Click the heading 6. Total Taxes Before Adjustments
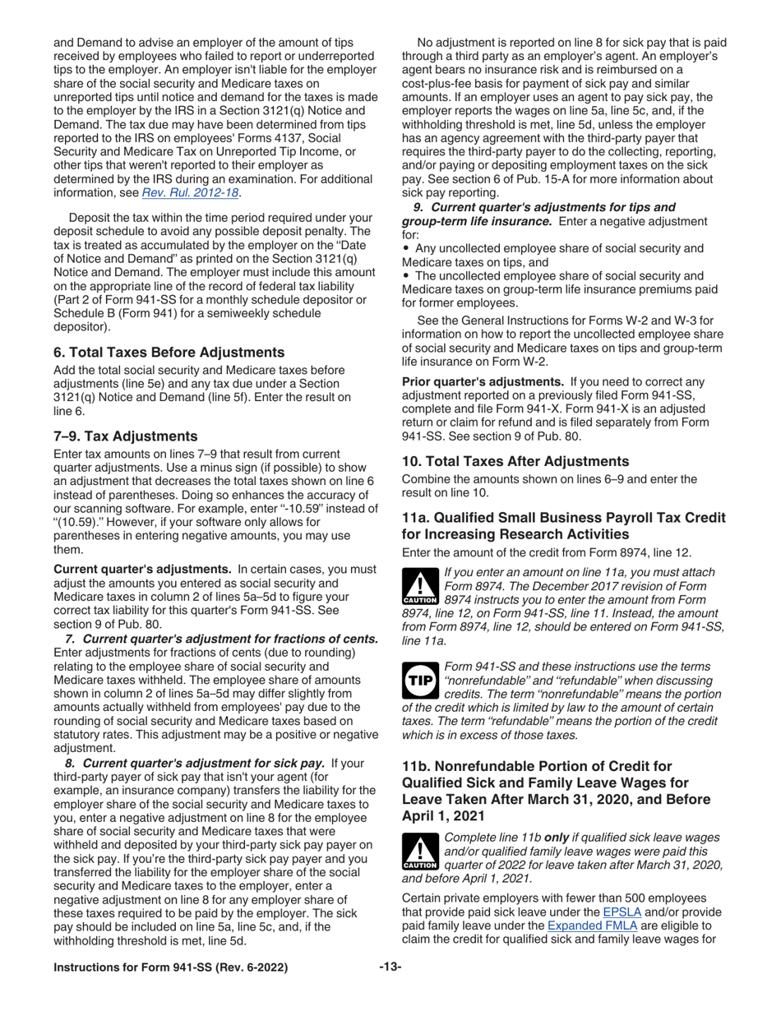[x=169, y=352]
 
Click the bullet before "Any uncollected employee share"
[x=406, y=247]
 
